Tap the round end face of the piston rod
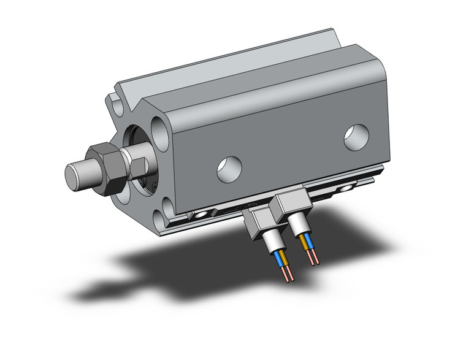[73, 175]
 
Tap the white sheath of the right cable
[304, 232]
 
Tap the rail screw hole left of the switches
[201, 215]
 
